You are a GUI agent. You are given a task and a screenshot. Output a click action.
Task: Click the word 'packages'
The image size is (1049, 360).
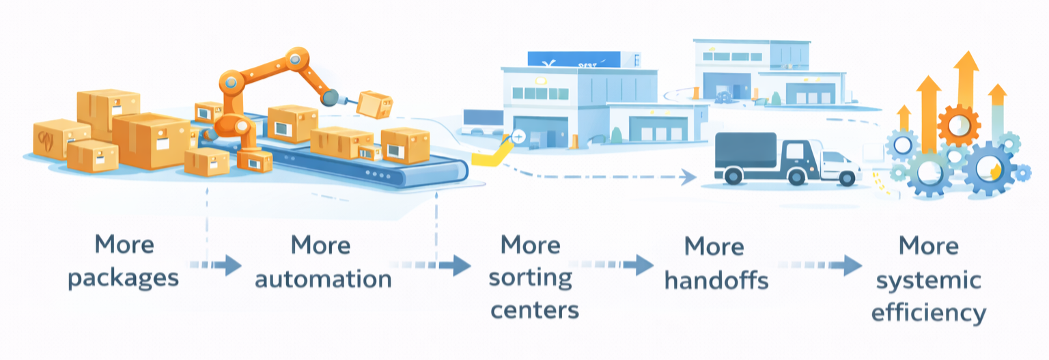[124, 279]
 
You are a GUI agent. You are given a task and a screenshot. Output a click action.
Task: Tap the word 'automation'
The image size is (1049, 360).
[322, 279]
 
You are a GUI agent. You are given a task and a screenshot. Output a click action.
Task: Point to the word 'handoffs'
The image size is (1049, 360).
[716, 280]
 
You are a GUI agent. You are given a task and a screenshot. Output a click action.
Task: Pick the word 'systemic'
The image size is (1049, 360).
[929, 280]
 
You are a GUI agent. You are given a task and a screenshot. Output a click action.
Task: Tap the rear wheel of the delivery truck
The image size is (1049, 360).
[733, 176]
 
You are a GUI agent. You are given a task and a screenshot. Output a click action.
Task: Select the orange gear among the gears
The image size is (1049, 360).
[959, 126]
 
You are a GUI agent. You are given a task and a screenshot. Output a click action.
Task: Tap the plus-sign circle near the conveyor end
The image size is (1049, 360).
[518, 137]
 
